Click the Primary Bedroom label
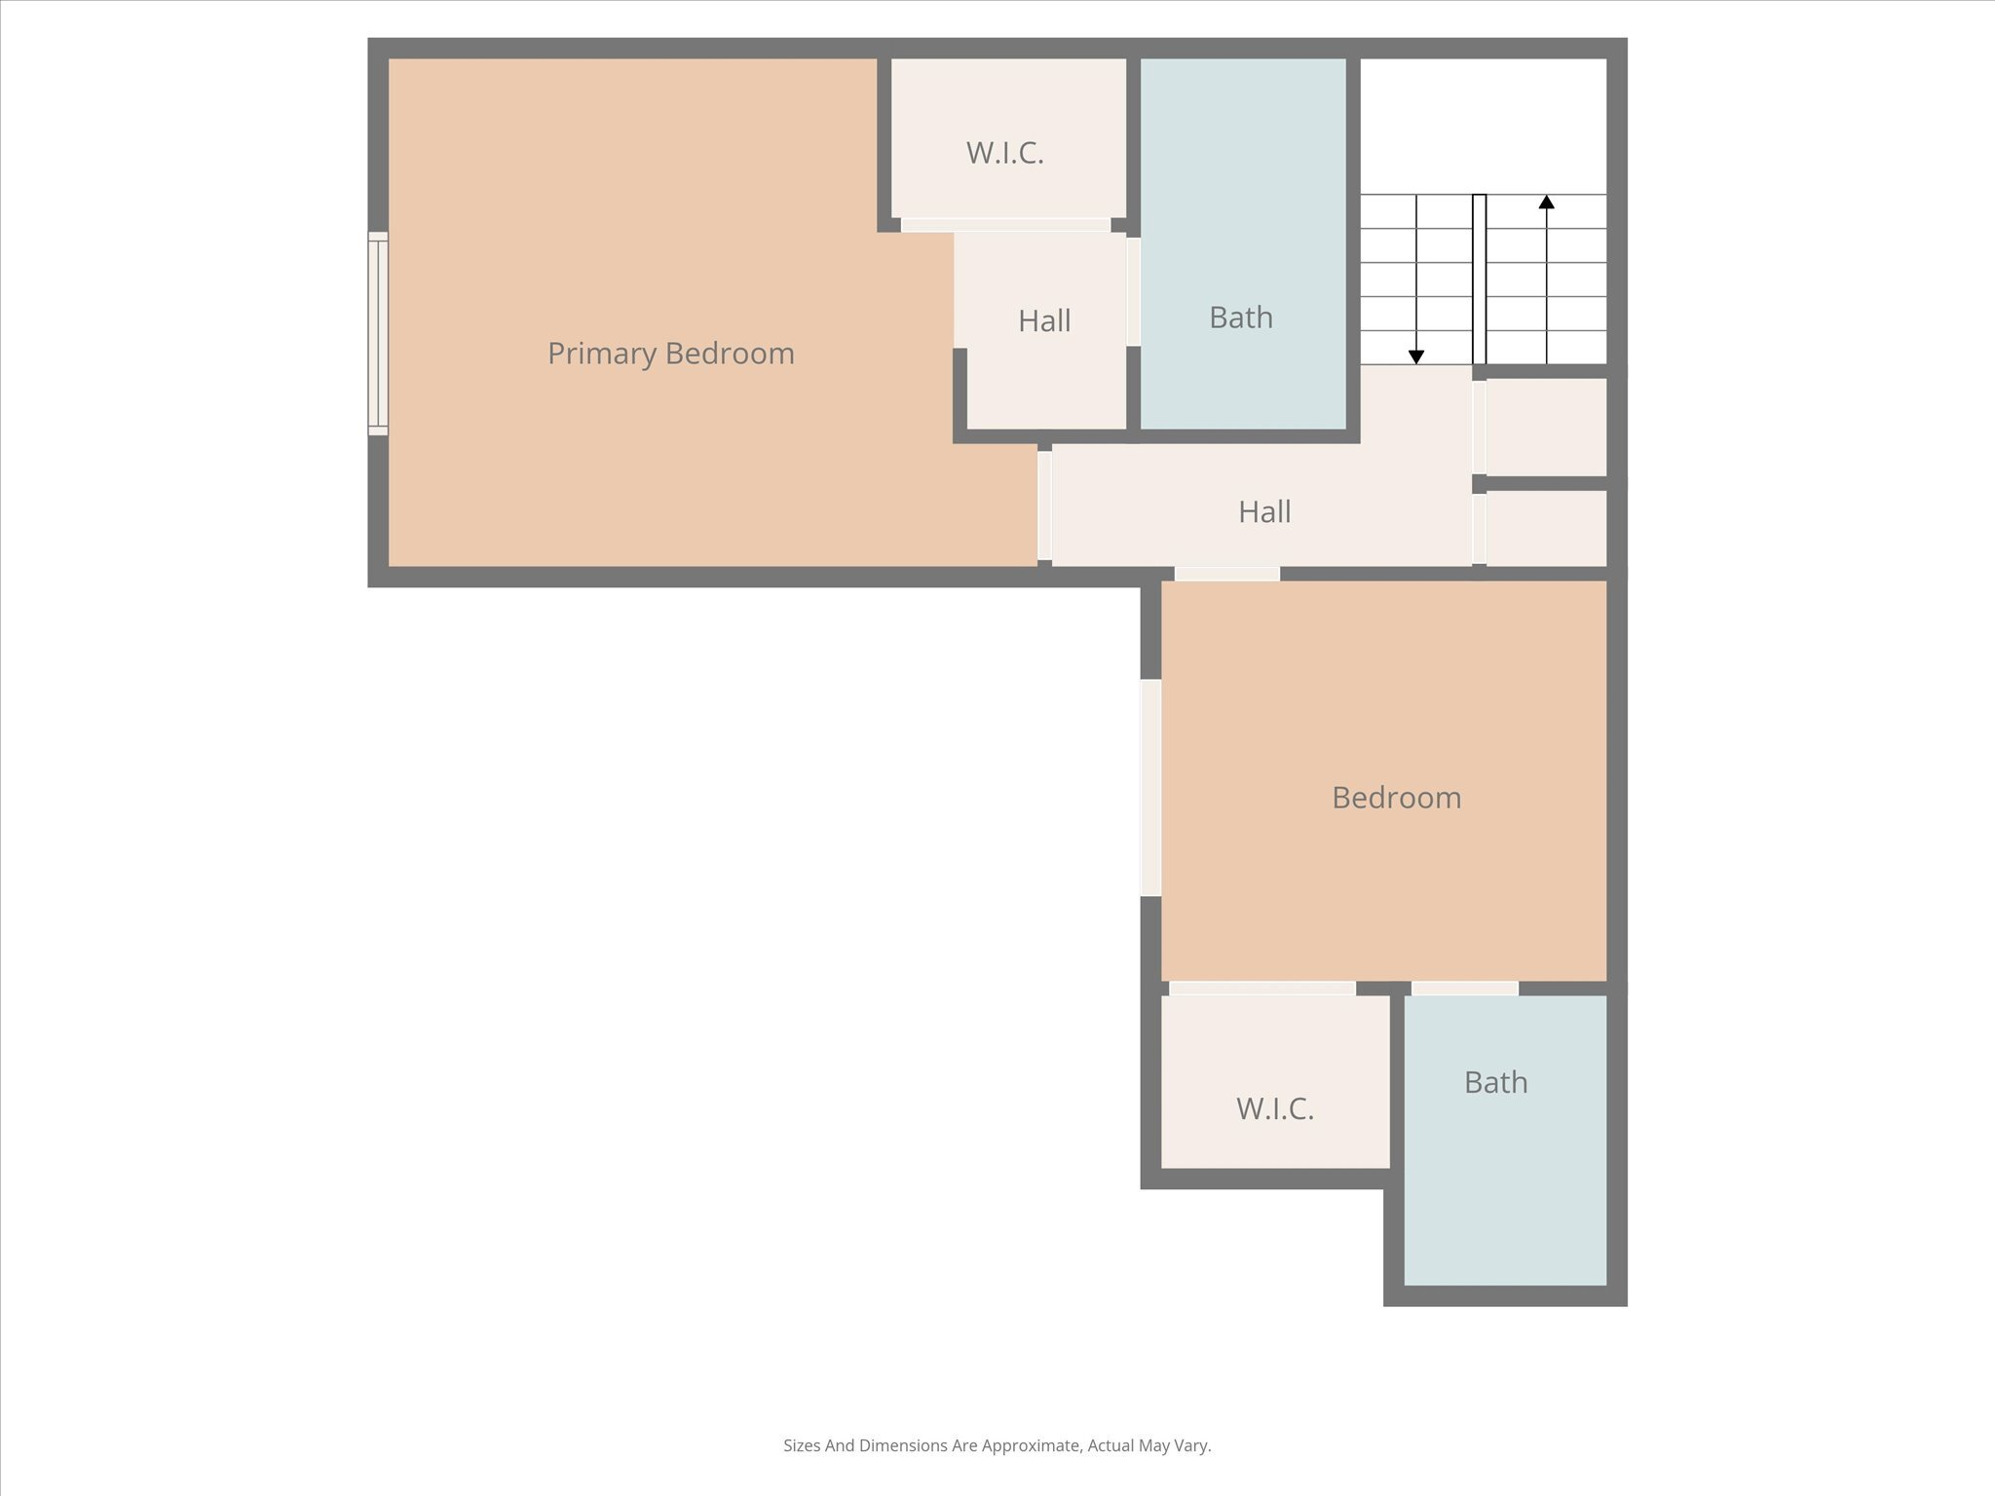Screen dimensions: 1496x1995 click(x=670, y=354)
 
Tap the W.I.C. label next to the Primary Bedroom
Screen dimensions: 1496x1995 click(x=1004, y=153)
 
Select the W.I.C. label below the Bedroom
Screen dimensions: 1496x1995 click(x=1274, y=1108)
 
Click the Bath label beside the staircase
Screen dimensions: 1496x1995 click(x=1240, y=318)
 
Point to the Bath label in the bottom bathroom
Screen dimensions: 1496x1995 click(x=1494, y=1082)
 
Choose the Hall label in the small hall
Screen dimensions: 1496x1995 click(x=1044, y=321)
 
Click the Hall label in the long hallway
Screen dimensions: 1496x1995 click(x=1263, y=512)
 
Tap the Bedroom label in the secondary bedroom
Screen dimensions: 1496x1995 click(x=1395, y=798)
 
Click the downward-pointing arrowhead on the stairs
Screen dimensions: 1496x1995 click(x=1416, y=356)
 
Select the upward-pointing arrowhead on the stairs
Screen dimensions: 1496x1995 click(x=1546, y=202)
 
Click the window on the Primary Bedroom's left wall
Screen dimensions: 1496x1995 click(x=378, y=333)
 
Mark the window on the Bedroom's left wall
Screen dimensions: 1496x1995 click(x=1150, y=787)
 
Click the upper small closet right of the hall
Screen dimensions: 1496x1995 click(x=1545, y=427)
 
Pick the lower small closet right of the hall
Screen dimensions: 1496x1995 click(x=1545, y=527)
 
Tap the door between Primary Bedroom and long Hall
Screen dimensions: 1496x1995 click(x=1044, y=505)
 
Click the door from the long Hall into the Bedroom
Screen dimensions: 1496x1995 click(x=1226, y=575)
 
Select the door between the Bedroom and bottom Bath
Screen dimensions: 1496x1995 click(x=1464, y=989)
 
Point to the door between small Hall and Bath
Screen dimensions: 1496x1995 click(x=1133, y=291)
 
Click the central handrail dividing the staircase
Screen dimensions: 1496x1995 click(x=1479, y=280)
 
